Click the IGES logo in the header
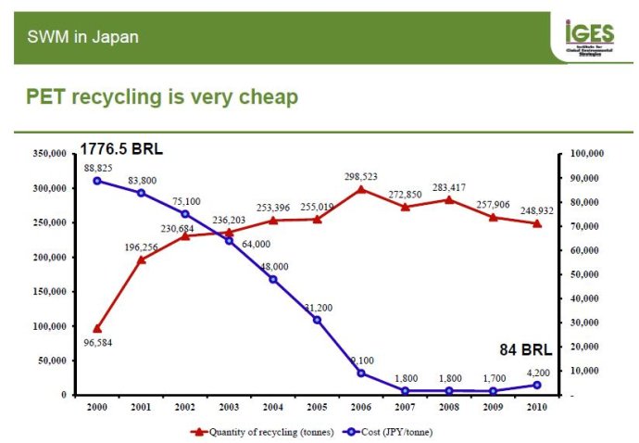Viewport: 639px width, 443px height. pyautogui.click(x=589, y=37)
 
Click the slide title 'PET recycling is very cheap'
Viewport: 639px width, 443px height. pyautogui.click(x=162, y=96)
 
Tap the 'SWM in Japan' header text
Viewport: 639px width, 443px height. pyautogui.click(x=82, y=37)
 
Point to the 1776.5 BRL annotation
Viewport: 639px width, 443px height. pyautogui.click(x=121, y=148)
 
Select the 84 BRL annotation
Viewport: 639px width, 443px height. pyautogui.click(x=524, y=350)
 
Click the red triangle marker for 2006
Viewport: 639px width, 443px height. pyautogui.click(x=361, y=189)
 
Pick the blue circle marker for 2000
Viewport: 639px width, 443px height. pyautogui.click(x=97, y=181)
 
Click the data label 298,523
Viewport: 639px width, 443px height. pyautogui.click(x=361, y=176)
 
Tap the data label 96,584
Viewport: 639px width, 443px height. pyautogui.click(x=97, y=342)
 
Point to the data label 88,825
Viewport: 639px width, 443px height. pyautogui.click(x=97, y=168)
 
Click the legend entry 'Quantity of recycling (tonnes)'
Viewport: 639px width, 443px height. pyautogui.click(x=257, y=431)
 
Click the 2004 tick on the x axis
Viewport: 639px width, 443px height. pyautogui.click(x=273, y=406)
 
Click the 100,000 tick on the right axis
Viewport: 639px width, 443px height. pyautogui.click(x=585, y=153)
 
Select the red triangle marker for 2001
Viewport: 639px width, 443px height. pyautogui.click(x=142, y=260)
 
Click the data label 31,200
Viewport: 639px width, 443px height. pyautogui.click(x=318, y=308)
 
